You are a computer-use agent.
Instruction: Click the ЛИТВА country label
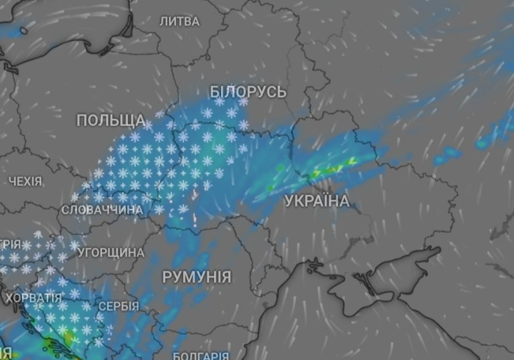179,21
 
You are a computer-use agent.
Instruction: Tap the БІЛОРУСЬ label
248,92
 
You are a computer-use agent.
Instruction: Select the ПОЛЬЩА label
111,120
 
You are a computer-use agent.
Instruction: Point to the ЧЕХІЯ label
26,182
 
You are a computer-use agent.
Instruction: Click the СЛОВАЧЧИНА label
102,210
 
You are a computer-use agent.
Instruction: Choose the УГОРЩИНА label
111,253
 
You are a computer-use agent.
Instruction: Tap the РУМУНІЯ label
197,277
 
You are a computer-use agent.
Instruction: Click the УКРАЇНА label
317,201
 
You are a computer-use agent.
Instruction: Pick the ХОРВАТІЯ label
33,299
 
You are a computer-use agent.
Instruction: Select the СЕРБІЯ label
118,306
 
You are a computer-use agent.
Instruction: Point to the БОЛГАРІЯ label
200,355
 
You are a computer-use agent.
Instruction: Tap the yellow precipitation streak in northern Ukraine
334,168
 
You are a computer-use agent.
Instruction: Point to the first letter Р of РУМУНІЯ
167,277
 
